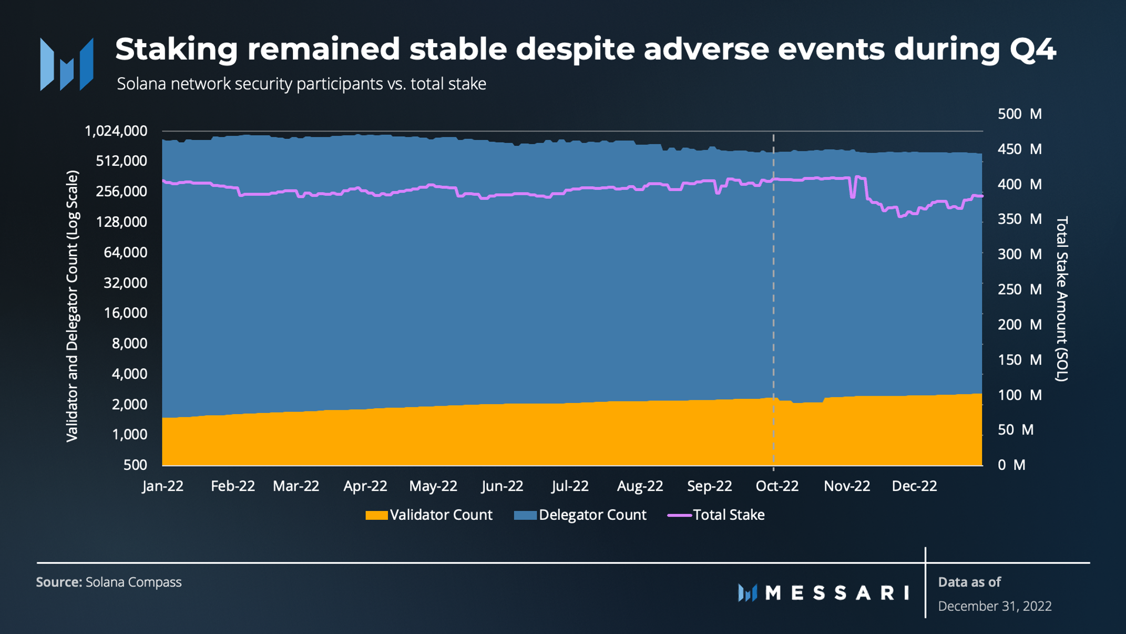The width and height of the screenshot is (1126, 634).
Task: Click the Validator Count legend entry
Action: click(x=429, y=515)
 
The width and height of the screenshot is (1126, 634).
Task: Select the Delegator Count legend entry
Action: click(x=580, y=515)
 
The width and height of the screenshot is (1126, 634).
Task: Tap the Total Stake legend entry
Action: click(x=716, y=515)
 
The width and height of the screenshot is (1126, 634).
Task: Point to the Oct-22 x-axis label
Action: click(x=777, y=486)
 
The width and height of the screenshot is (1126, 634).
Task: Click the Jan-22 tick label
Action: click(x=163, y=486)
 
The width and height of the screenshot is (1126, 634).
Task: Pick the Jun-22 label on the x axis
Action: click(x=503, y=486)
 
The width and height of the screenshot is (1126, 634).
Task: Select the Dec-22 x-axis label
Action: click(x=915, y=486)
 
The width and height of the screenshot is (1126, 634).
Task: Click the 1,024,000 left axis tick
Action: click(x=116, y=131)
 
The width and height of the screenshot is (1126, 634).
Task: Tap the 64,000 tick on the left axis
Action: click(x=126, y=253)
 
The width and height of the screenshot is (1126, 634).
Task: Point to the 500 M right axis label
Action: click(x=1020, y=114)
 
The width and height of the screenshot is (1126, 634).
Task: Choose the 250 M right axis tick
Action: click(x=1020, y=289)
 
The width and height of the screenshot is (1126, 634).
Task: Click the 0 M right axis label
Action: click(x=1011, y=465)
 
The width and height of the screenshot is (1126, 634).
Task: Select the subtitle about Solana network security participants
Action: click(x=301, y=84)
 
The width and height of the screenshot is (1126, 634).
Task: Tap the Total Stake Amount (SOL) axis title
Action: click(x=1062, y=298)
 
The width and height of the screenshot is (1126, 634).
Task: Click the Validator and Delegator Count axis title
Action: click(x=72, y=306)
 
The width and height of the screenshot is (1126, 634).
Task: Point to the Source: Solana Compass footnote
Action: click(x=109, y=582)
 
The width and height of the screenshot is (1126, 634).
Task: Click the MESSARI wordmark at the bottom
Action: click(x=824, y=593)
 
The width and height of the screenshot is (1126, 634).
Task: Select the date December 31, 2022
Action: click(x=995, y=606)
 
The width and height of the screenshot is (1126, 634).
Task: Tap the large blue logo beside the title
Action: click(x=67, y=64)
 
